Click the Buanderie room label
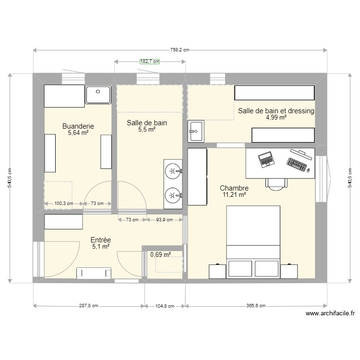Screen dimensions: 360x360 pos(78,126)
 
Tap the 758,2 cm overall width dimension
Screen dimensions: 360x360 pos(180,50)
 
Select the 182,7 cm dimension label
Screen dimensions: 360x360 pos(149,61)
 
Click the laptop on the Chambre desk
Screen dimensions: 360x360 pos(265,159)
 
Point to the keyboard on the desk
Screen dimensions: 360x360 pos(298,164)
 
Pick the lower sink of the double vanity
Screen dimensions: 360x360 pos(173,195)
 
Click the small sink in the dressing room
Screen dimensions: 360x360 pos(196,132)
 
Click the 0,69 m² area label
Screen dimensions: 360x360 pos(160,255)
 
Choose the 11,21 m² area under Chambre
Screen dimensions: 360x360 pos(234,194)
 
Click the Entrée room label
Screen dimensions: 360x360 pos(101,240)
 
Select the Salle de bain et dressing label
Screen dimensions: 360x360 pos(276,111)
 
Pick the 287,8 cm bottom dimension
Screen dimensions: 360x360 pos(88,306)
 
